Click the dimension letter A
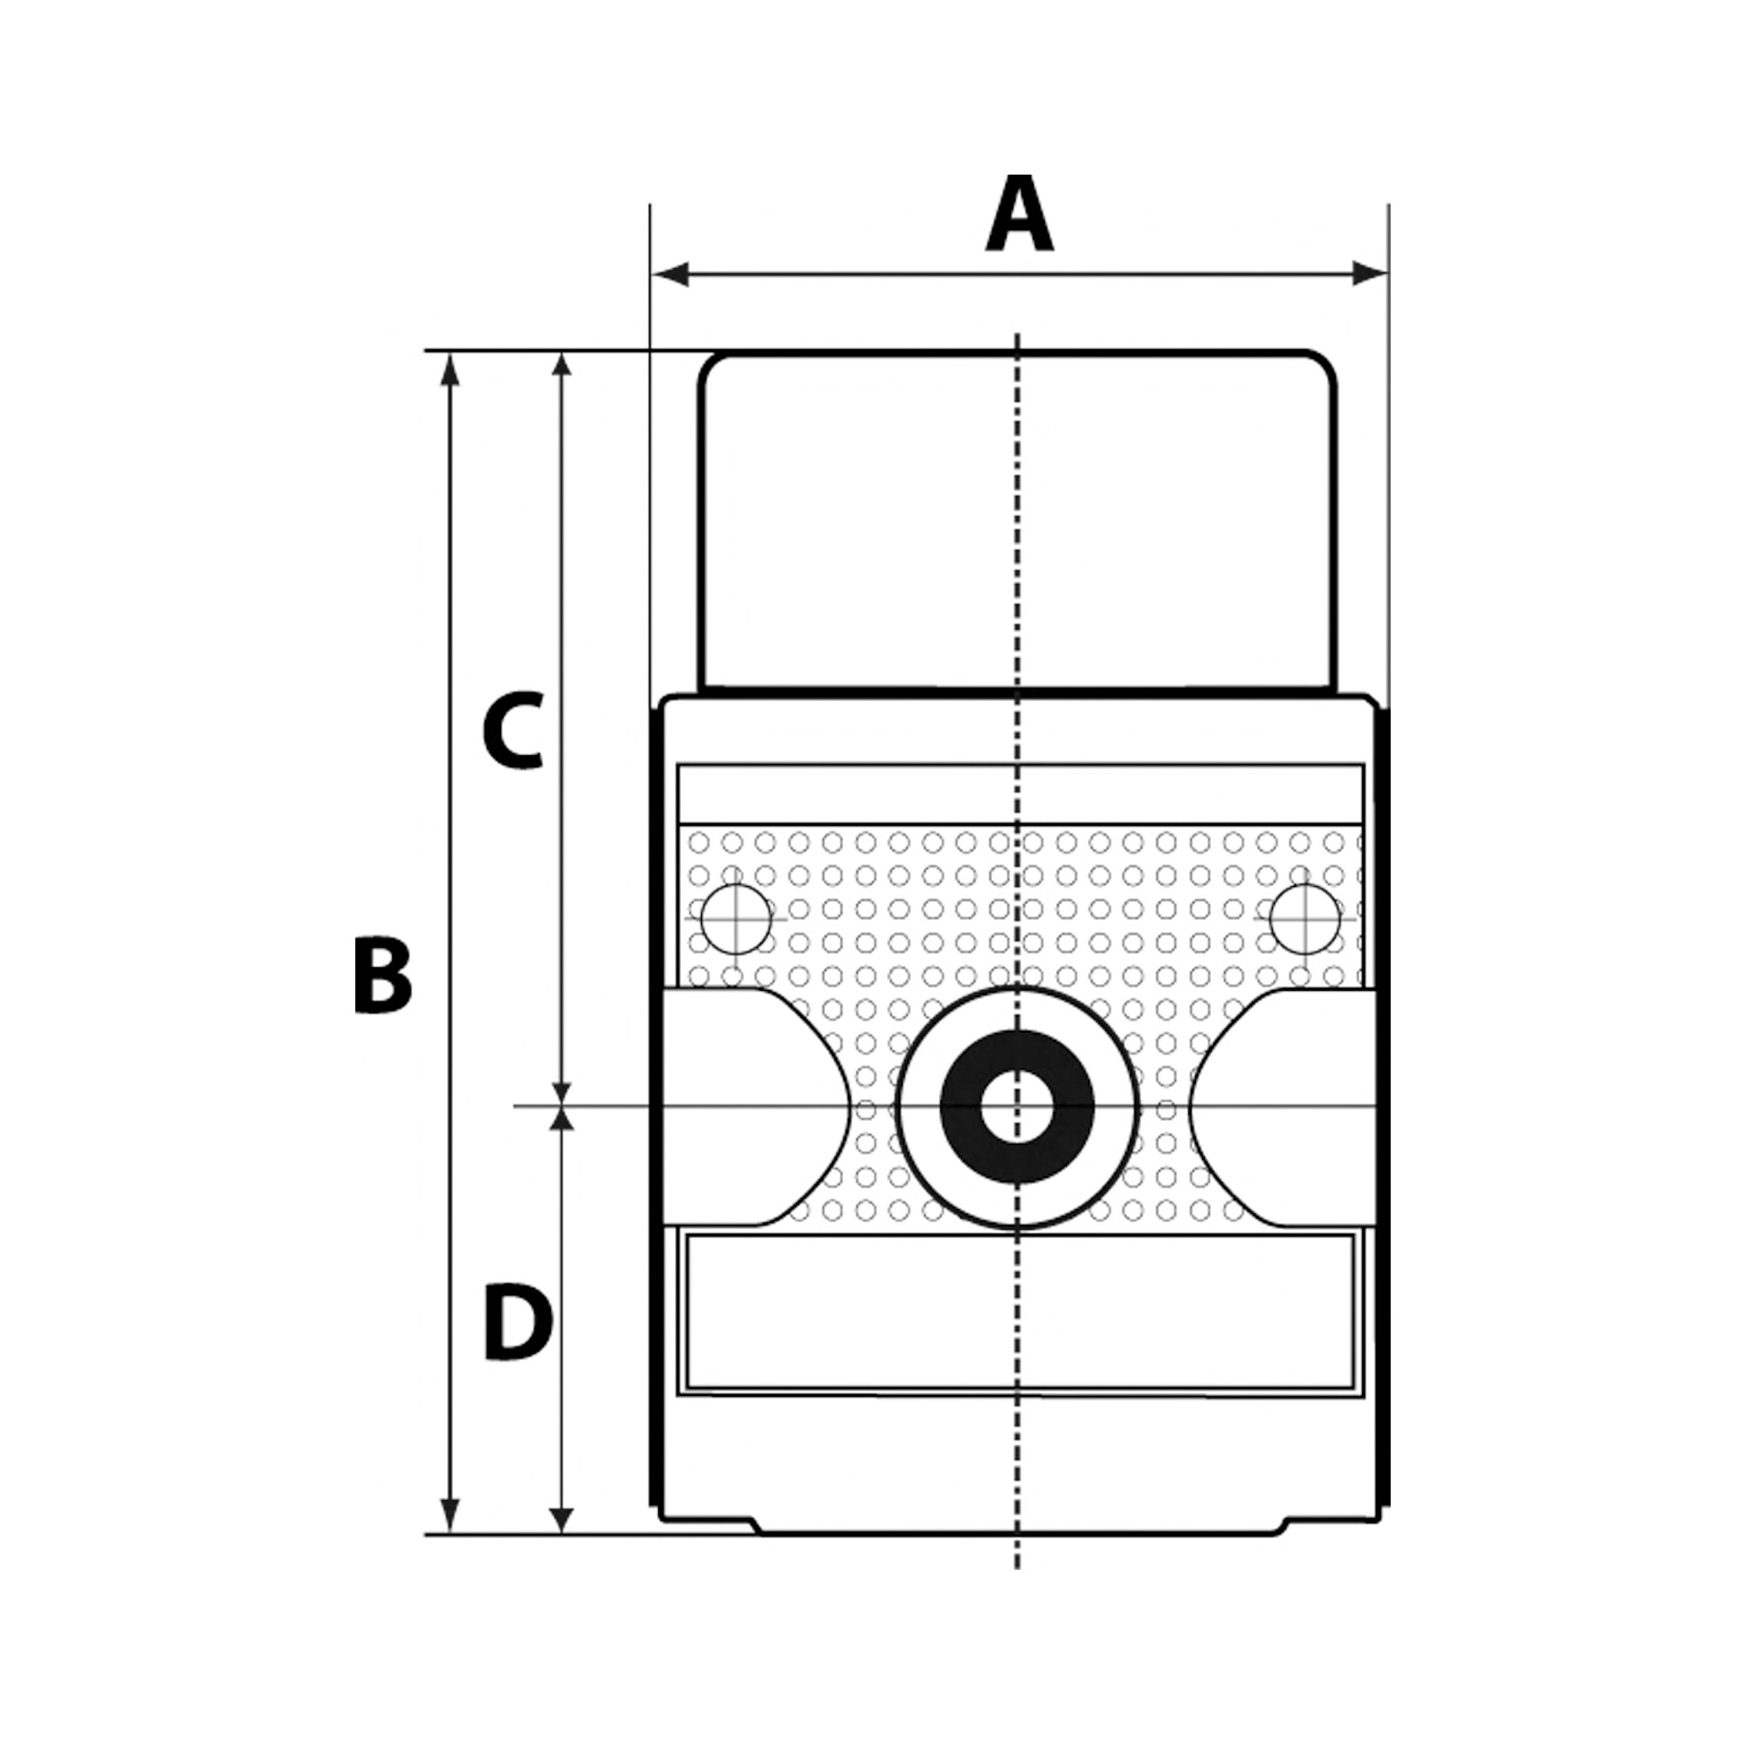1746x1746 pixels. [x=1019, y=215]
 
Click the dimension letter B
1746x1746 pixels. [x=382, y=975]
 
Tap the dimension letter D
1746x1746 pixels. [x=517, y=1322]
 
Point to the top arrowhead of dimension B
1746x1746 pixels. [x=449, y=368]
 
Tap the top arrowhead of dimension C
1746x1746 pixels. [x=561, y=366]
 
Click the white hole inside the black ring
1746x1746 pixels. [x=1017, y=1106]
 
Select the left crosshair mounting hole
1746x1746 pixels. [x=736, y=919]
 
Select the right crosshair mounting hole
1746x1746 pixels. [x=1303, y=919]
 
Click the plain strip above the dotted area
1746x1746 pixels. [x=1019, y=794]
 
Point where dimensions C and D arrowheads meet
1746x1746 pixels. [x=561, y=1106]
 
